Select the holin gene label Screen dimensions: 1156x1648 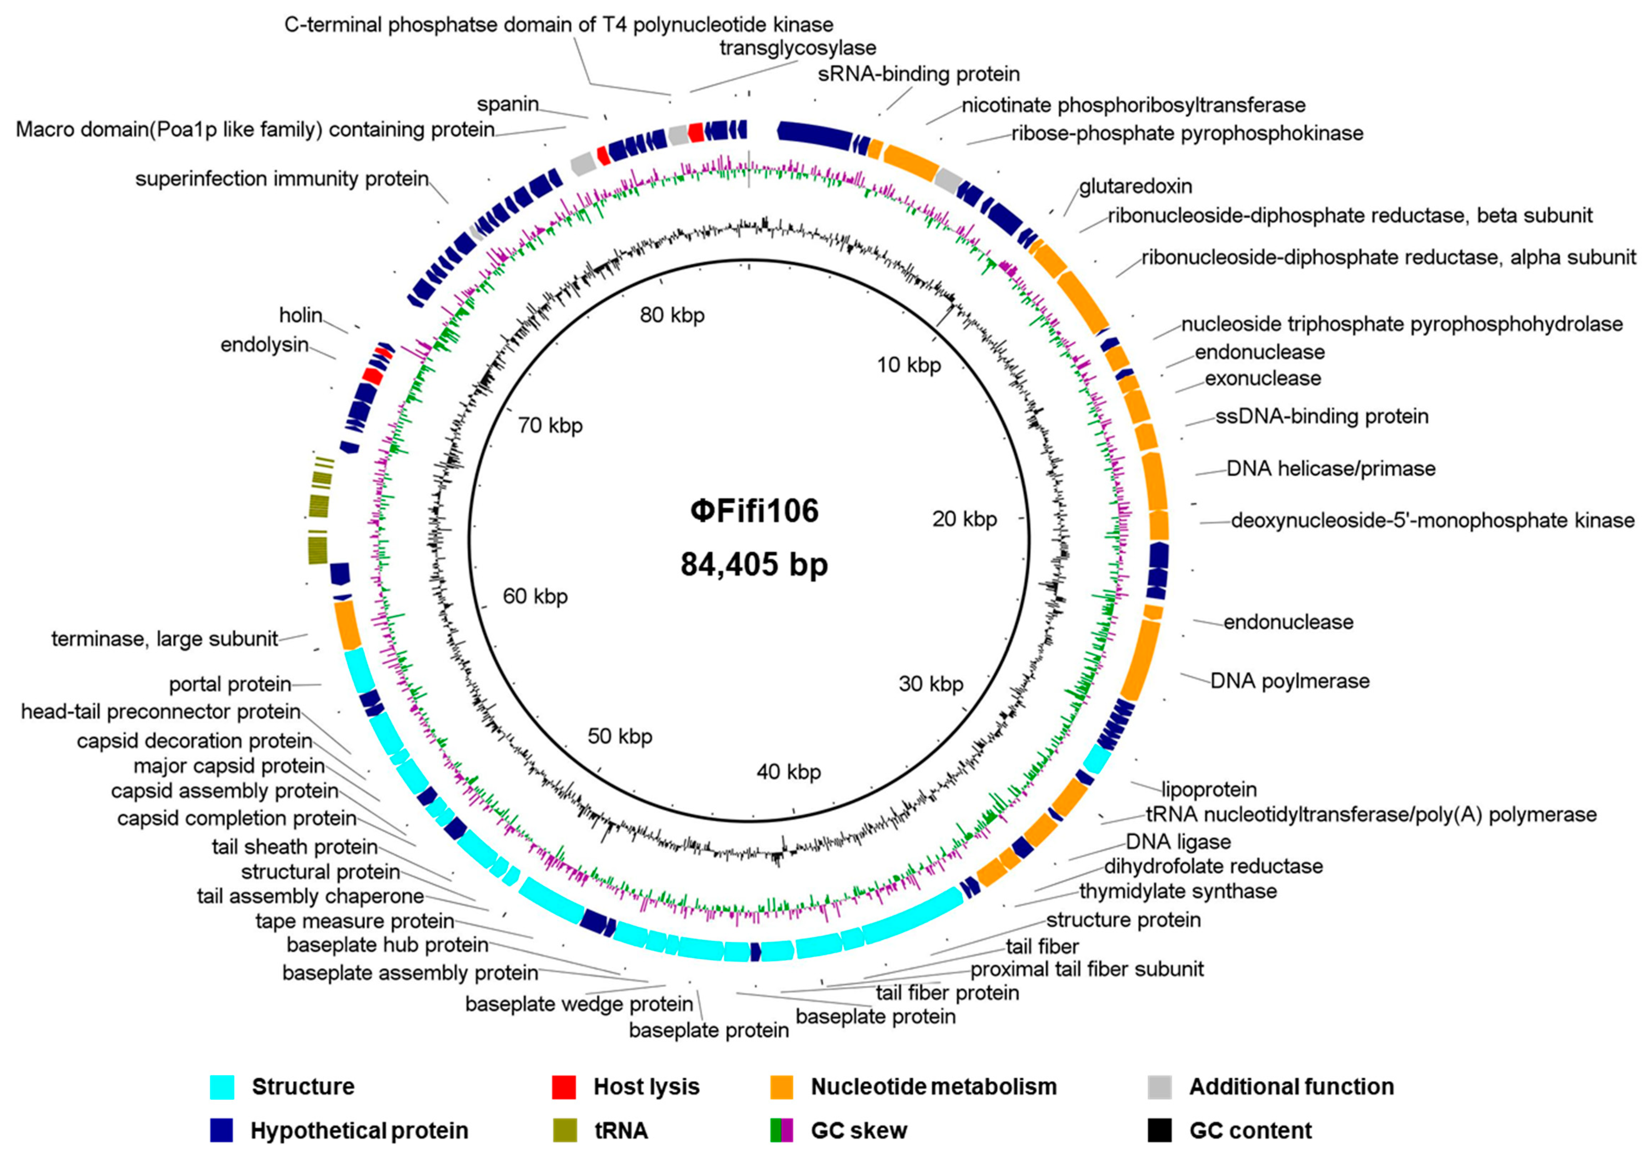tap(301, 315)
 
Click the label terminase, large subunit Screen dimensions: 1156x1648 tap(164, 639)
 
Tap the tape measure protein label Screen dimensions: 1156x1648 tap(354, 921)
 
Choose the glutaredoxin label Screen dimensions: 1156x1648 tap(1135, 187)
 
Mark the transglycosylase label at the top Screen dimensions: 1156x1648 tap(797, 48)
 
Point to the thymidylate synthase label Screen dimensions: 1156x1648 tap(1178, 892)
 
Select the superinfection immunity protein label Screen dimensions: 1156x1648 tap(282, 179)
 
